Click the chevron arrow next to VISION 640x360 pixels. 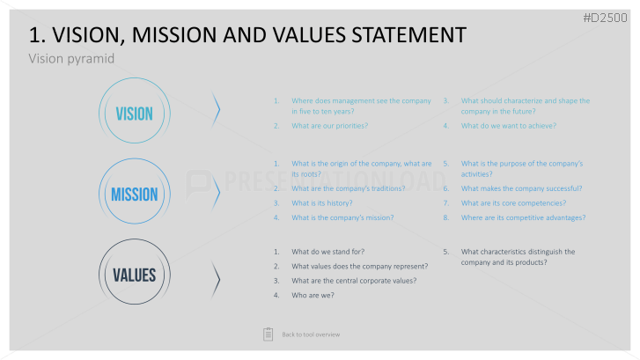tap(217, 110)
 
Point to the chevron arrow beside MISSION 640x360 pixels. tap(217, 192)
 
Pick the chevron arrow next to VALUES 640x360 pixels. tap(217, 280)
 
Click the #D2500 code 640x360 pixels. tap(605, 18)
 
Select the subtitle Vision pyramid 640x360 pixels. tap(71, 59)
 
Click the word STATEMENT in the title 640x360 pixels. tap(408, 34)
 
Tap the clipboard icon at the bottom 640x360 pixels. tap(269, 334)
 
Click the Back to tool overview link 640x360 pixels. tap(311, 334)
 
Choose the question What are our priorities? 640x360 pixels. tap(330, 126)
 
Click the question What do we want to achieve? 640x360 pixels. tap(509, 126)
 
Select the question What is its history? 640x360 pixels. tap(322, 203)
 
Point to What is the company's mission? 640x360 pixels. tap(342, 218)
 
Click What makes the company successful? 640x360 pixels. tap(522, 188)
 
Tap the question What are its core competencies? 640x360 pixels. tap(514, 203)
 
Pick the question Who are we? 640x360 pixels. tap(313, 296)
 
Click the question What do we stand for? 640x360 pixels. tap(328, 252)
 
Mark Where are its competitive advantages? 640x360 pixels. tap(523, 218)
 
